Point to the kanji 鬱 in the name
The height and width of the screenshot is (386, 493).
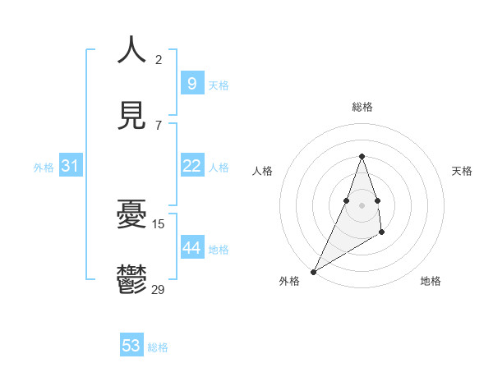tap(131, 279)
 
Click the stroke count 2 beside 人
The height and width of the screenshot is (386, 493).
tap(159, 59)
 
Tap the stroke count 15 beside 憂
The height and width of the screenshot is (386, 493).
tap(159, 223)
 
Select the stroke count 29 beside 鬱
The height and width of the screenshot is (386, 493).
tap(159, 289)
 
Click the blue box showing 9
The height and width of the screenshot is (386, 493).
tap(191, 83)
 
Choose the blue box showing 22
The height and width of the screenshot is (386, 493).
tap(191, 166)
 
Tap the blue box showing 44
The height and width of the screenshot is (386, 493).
tap(191, 247)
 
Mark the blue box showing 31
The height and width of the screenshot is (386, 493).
tap(70, 166)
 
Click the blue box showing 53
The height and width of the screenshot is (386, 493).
tap(131, 346)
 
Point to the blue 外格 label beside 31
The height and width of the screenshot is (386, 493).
tap(44, 168)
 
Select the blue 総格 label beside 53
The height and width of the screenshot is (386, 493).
tap(158, 347)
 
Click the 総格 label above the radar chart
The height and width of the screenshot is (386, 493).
tap(362, 107)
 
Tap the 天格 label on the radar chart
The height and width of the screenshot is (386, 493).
tap(462, 171)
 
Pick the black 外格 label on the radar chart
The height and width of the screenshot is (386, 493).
tap(289, 281)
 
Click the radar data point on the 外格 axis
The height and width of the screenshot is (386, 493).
tap(313, 272)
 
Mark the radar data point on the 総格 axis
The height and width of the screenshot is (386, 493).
tap(362, 156)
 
